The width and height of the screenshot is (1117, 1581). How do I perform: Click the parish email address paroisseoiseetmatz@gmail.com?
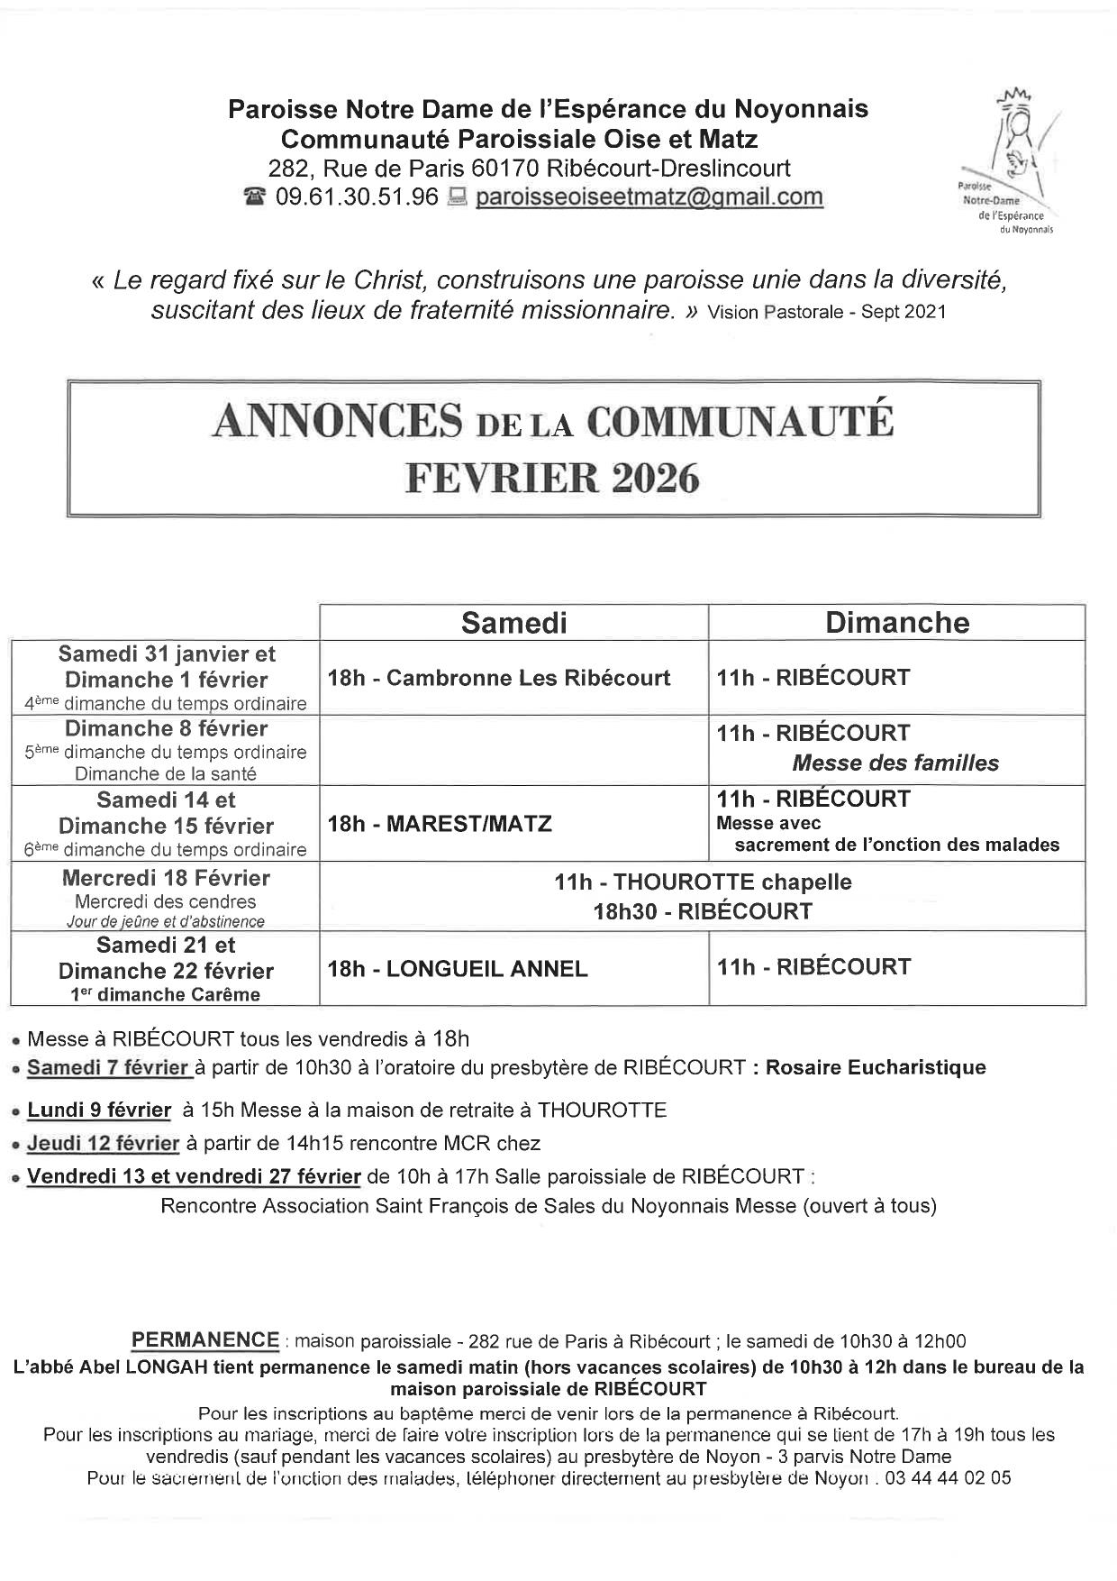point(649,196)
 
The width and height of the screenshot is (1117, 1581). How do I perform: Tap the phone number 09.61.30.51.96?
point(357,196)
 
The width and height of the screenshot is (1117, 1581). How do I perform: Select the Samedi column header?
point(513,623)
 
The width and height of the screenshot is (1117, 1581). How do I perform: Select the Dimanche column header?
point(897,623)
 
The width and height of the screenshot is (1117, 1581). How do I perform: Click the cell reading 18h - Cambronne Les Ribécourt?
point(499,678)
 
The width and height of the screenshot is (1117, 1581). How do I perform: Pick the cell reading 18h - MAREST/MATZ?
point(440,824)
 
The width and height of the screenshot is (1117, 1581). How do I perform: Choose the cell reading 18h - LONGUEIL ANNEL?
point(458,969)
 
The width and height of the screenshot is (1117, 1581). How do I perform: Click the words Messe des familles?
point(895,763)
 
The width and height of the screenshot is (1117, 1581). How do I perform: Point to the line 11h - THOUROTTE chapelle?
point(703,882)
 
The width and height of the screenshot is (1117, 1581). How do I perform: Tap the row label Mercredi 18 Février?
point(166,878)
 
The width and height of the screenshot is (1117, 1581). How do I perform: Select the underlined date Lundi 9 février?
point(99,1110)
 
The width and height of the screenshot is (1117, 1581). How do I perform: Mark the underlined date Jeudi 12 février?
point(103,1144)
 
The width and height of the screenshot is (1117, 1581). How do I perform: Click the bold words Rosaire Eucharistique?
point(875,1068)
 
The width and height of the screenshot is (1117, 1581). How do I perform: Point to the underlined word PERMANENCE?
point(205,1340)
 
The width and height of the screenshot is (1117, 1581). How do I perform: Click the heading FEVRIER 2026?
point(553,478)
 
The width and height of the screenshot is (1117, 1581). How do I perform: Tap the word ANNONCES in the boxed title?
point(338,422)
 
